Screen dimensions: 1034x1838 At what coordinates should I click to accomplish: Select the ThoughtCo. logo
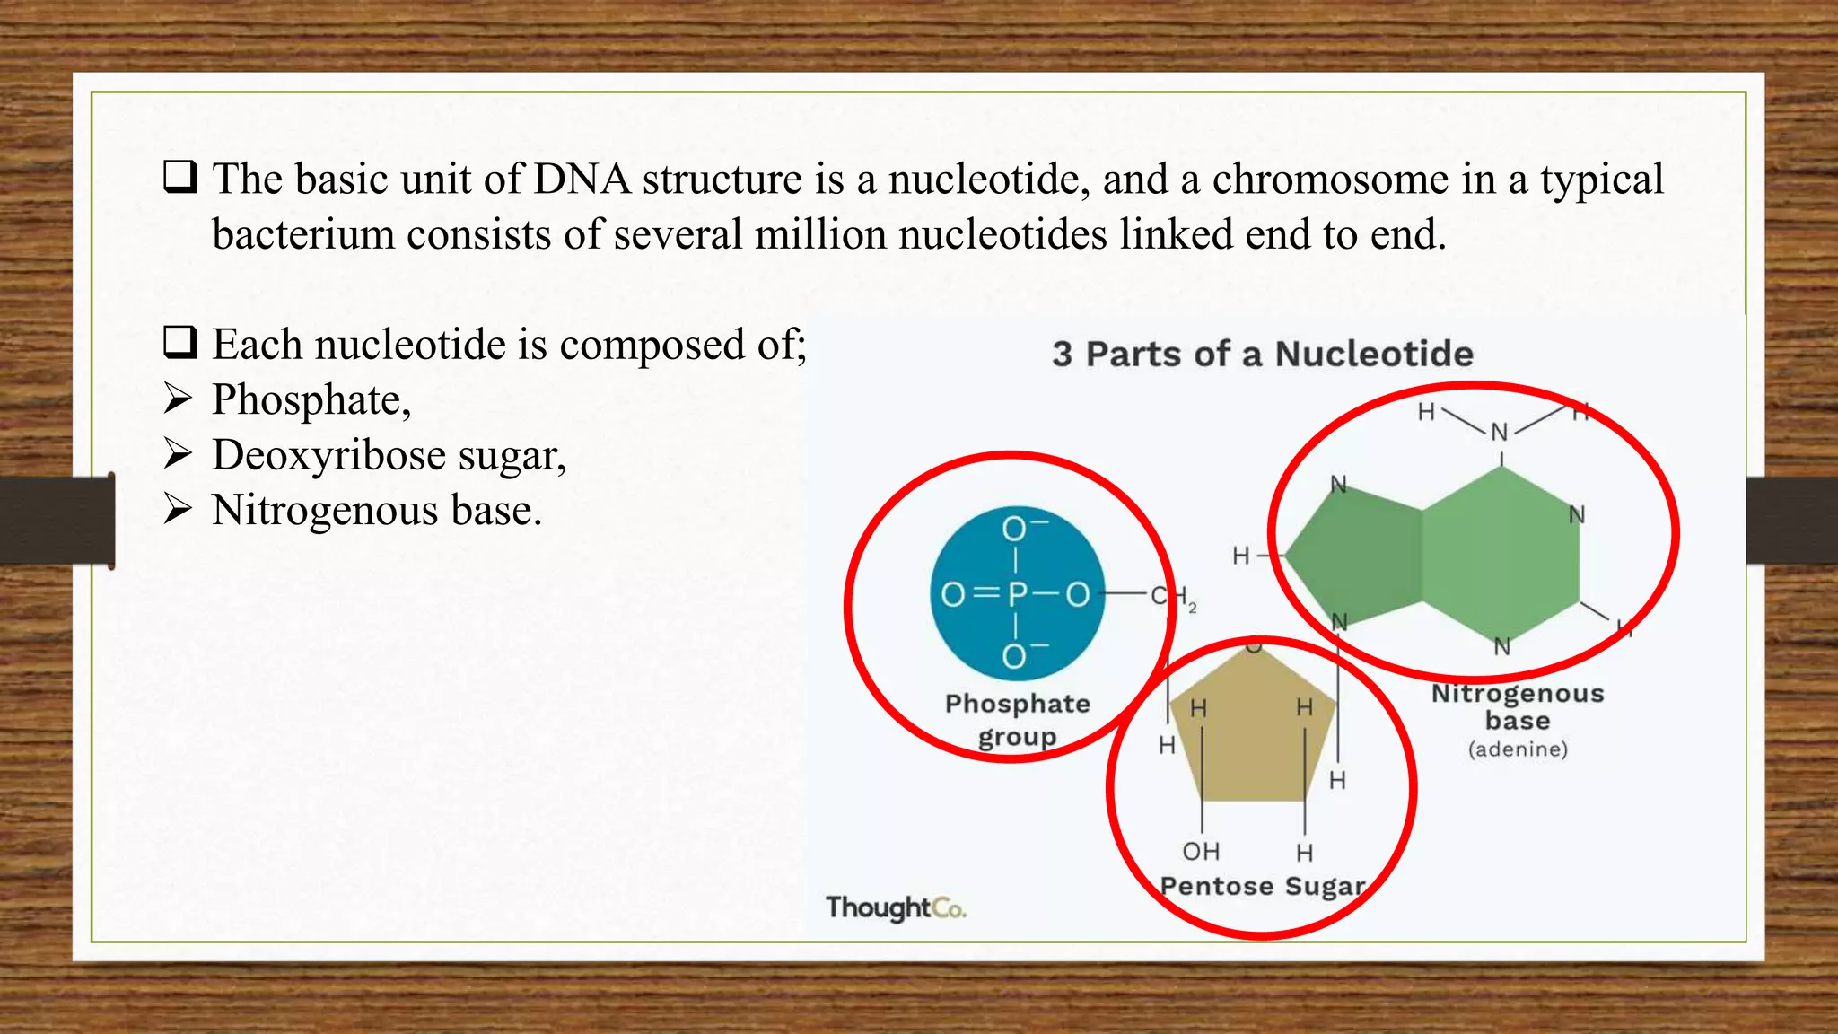coord(895,908)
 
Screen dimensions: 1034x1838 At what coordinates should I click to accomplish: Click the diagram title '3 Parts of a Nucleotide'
coord(1262,354)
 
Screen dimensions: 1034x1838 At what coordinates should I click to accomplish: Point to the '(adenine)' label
coord(1518,749)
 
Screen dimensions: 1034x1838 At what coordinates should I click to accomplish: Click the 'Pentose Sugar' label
coord(1262,887)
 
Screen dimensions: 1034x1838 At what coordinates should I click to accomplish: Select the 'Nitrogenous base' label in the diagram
coord(1518,706)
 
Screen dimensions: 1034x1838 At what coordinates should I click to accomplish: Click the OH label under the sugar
coord(1201,851)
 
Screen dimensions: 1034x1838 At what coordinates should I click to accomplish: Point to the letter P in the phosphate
coord(1017,594)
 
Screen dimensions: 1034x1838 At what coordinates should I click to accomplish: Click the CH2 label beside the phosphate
coord(1172,597)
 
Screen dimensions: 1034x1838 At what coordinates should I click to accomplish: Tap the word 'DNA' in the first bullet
coord(582,180)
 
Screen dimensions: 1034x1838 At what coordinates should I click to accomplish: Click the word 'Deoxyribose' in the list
coord(328,456)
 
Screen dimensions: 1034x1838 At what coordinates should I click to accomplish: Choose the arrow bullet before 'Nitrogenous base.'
coord(178,510)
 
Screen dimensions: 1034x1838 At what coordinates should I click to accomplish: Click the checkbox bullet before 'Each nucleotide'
coord(179,343)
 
